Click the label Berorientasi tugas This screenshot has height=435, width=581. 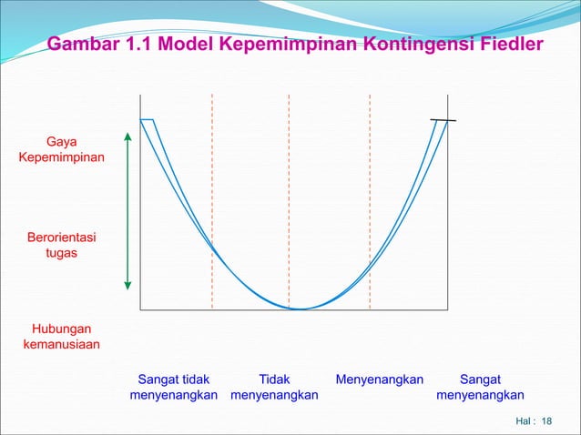(x=61, y=246)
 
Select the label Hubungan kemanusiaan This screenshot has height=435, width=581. (x=61, y=336)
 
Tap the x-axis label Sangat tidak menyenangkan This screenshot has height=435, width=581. (x=174, y=387)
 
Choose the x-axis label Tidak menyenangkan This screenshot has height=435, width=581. (x=274, y=387)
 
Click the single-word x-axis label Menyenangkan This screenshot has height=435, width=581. (x=380, y=379)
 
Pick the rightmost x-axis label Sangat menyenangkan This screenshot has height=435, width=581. (x=480, y=387)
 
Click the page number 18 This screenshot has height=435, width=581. (x=547, y=421)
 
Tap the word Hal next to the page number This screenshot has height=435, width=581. (x=524, y=421)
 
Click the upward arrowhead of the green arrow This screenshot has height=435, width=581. (x=128, y=137)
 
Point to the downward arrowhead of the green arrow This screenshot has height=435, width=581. (x=128, y=288)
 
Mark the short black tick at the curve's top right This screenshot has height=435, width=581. (x=443, y=120)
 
